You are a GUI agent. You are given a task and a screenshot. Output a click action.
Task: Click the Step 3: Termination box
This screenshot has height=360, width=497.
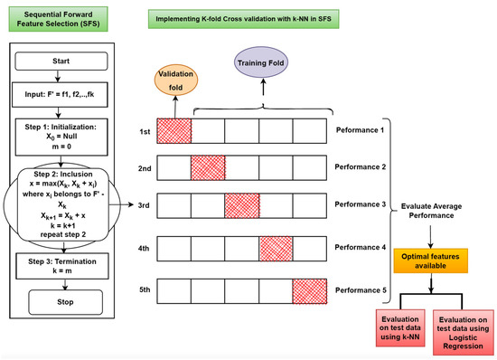coord(69,262)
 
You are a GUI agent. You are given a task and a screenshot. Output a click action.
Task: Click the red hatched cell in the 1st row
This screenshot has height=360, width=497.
coord(173,132)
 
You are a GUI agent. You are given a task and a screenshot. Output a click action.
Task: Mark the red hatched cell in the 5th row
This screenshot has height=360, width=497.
coord(309,293)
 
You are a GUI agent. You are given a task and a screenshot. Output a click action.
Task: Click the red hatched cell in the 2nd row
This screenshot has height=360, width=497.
coord(208,168)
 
